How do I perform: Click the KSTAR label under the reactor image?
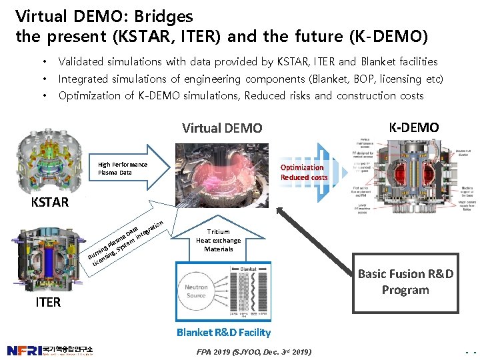(x=50, y=202)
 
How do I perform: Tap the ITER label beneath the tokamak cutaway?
(x=48, y=303)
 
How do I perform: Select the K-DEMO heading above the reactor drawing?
(x=413, y=127)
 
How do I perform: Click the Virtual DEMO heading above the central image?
(x=223, y=128)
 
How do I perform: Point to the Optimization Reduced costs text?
(x=303, y=172)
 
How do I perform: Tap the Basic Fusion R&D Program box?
(x=405, y=282)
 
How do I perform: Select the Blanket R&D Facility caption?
(x=223, y=332)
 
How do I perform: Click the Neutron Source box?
(x=196, y=291)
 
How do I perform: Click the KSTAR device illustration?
(x=49, y=160)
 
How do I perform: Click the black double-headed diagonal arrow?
(x=314, y=236)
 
